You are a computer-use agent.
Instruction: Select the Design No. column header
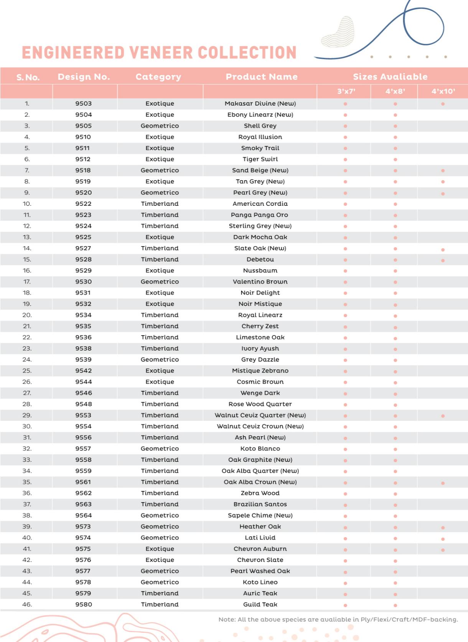tap(84, 77)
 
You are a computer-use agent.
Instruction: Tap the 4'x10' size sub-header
tap(443, 91)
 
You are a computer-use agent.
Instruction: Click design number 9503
tap(83, 104)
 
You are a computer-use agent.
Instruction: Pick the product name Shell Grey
tap(260, 126)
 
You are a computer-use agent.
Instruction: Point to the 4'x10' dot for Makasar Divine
tap(443, 104)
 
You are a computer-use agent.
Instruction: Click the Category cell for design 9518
tap(160, 170)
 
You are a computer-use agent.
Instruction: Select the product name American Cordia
tap(260, 204)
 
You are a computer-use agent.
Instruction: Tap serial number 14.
tap(27, 248)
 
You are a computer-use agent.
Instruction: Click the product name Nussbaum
tap(260, 271)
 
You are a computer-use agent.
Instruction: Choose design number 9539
tap(83, 360)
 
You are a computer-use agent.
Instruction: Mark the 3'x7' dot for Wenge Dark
tap(345, 394)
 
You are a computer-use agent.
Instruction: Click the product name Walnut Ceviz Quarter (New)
tap(260, 415)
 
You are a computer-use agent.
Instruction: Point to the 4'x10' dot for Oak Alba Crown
tap(443, 483)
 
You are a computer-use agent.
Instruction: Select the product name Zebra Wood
tap(260, 493)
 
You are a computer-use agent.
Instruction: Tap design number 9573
tap(83, 527)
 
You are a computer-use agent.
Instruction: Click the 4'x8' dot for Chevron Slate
tap(395, 561)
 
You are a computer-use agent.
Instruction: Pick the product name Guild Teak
tap(260, 605)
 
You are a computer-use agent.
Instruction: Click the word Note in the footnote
tap(227, 619)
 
